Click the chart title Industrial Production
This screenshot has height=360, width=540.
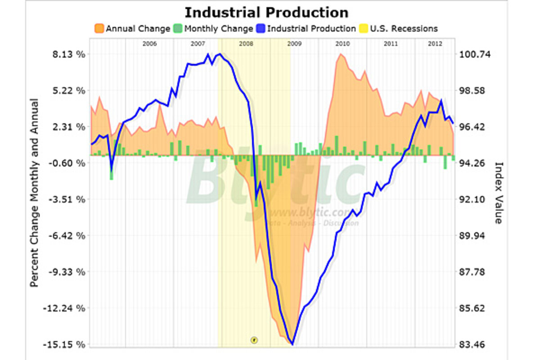266,12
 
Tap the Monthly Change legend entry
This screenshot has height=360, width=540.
213,29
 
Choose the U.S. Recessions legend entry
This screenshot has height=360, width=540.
398,29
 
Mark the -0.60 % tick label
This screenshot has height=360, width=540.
67,163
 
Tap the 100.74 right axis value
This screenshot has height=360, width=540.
474,54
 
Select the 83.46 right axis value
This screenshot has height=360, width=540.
474,345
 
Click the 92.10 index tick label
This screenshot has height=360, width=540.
474,199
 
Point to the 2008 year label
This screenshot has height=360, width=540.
246,44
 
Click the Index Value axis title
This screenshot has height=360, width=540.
498,193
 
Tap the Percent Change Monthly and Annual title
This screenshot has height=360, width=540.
34,193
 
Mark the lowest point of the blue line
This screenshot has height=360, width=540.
292,344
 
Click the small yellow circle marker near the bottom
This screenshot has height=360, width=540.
254,340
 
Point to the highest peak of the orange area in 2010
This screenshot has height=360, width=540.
341,54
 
